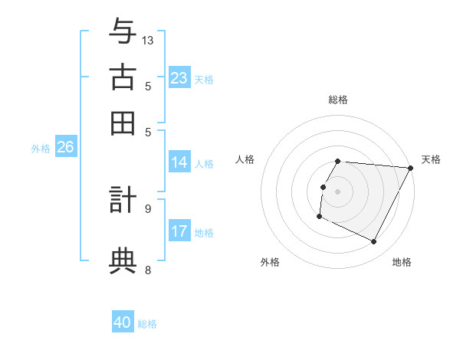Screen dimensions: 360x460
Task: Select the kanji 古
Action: point(123,79)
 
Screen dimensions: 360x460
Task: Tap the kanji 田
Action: point(123,123)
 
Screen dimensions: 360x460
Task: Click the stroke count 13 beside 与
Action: point(148,40)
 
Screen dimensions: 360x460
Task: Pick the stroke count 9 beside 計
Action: point(148,208)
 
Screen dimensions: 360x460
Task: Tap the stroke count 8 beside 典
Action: point(148,269)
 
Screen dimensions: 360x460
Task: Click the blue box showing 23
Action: point(179,78)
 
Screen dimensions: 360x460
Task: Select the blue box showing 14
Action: point(179,162)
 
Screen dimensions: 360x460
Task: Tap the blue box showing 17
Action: point(179,231)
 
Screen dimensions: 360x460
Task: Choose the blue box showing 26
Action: point(65,148)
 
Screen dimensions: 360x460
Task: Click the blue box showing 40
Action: point(123,322)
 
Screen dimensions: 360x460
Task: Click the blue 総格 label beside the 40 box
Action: point(147,324)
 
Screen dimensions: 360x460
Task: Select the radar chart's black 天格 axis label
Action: point(431,159)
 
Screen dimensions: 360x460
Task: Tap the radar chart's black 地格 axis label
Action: point(402,262)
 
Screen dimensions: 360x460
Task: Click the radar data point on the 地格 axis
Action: point(374,242)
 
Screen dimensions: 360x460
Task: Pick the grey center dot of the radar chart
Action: point(338,191)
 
